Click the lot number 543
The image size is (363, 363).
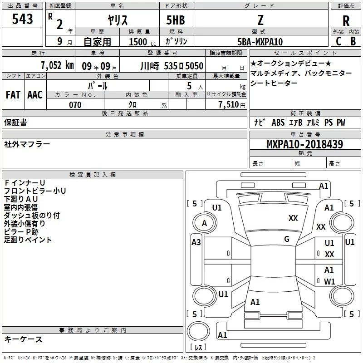pos(23,20)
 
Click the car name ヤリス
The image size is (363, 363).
pos(117,21)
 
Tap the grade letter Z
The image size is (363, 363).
pos(260,20)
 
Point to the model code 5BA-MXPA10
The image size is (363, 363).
pos(260,42)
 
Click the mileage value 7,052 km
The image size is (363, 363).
pos(57,66)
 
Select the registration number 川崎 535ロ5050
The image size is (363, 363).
pos(172,66)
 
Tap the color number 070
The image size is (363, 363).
pos(75,105)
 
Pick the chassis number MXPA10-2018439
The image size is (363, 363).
pos(304,144)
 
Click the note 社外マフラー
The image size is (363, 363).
pos(27,144)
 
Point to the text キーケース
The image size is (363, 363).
pos(24,339)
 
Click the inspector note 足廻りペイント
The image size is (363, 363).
pos(28,240)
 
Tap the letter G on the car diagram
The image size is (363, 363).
pos(287,239)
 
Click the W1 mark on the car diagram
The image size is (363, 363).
pos(329,281)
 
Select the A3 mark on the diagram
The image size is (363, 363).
pos(196,242)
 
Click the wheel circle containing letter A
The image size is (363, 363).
pos(204,223)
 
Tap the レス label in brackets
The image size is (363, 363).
pos(198,348)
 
